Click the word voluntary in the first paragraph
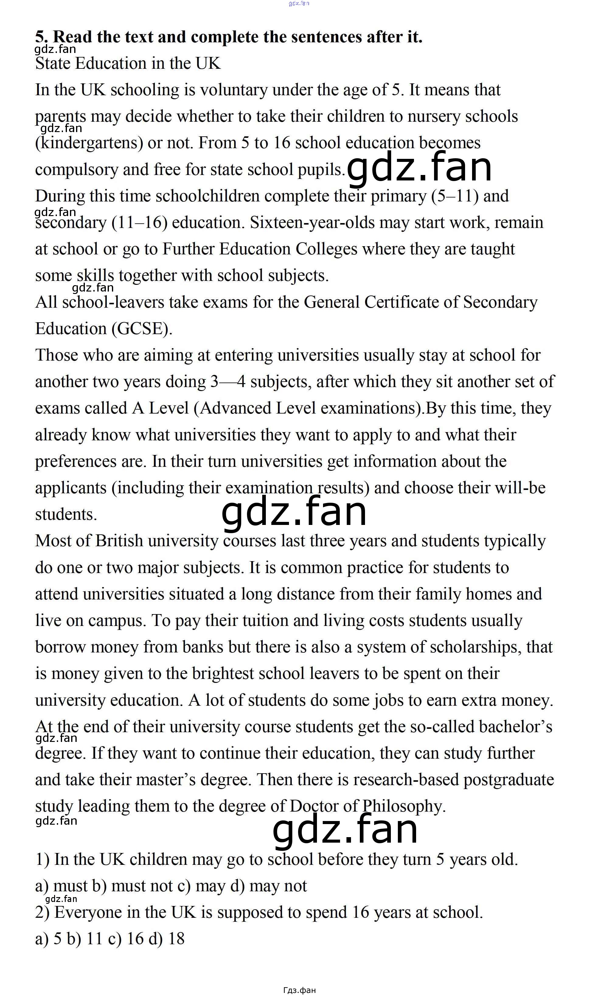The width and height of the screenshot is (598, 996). pos(233,90)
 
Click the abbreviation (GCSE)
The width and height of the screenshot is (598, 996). pos(142,329)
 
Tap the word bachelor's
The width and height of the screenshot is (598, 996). pos(515,727)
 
